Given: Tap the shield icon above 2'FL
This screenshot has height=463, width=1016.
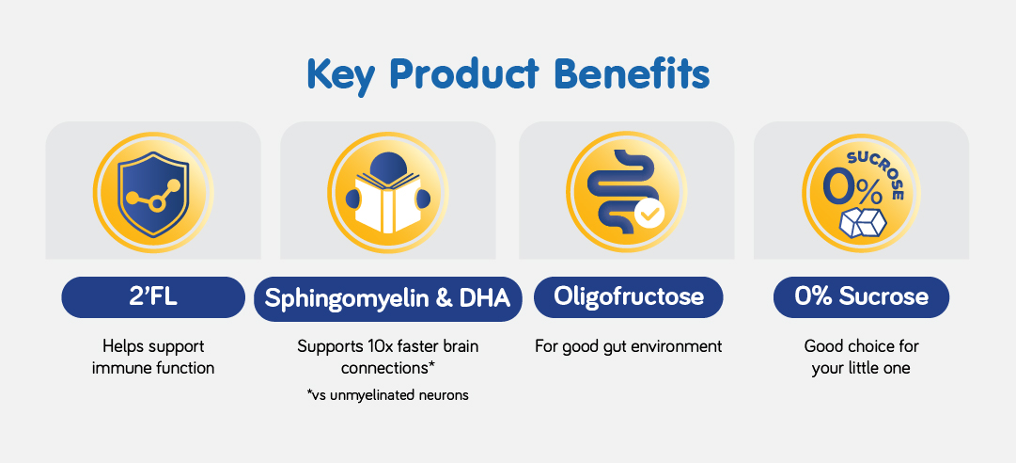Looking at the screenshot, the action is click(153, 194).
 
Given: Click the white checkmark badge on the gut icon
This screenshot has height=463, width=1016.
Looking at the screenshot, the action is click(649, 214).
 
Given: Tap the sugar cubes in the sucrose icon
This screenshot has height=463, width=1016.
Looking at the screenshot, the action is click(863, 222).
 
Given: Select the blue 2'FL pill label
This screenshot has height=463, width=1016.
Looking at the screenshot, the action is click(153, 297).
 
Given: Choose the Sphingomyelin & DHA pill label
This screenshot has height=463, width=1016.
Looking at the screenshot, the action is click(387, 298).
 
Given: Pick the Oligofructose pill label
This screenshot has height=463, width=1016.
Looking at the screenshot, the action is click(628, 297).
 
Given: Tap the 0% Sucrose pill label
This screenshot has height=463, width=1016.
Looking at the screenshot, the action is click(861, 297).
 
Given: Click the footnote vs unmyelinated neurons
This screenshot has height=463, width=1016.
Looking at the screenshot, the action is click(387, 394).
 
